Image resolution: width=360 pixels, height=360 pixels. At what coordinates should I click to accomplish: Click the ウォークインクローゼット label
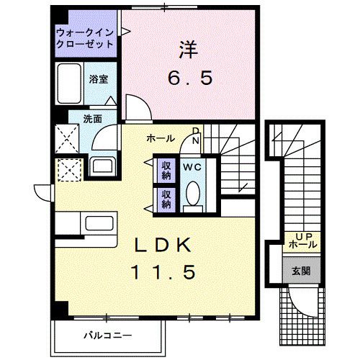pyautogui.click(x=84, y=37)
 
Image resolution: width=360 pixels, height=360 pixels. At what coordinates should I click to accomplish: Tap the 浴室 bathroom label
pyautogui.click(x=99, y=79)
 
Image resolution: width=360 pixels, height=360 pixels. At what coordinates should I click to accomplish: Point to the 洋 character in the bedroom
pyautogui.click(x=186, y=50)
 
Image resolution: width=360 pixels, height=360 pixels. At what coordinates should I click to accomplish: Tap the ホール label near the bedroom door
pyautogui.click(x=159, y=138)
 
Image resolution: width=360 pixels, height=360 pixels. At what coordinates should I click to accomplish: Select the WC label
pyautogui.click(x=192, y=167)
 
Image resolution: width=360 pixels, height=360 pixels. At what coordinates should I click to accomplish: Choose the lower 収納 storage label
pyautogui.click(x=166, y=199)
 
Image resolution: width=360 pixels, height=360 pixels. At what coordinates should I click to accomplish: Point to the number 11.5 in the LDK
pyautogui.click(x=162, y=273)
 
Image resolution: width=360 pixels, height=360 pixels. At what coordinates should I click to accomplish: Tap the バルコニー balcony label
pyautogui.click(x=107, y=335)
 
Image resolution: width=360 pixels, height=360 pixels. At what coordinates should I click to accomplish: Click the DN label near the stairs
pyautogui.click(x=195, y=135)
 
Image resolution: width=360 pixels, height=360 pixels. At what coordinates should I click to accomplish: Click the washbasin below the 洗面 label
pyautogui.click(x=102, y=165)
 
